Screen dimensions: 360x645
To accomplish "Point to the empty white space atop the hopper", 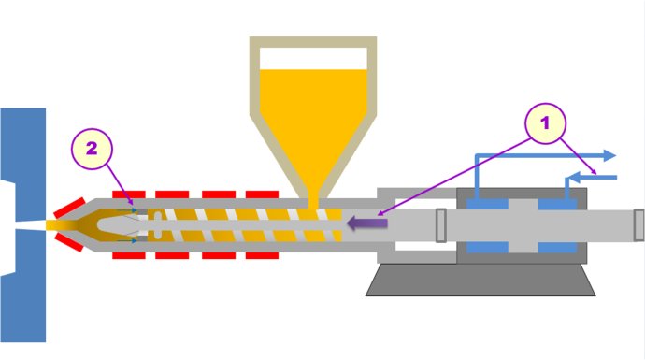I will [x=312, y=56].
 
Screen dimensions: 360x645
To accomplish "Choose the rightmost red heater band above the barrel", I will [x=262, y=194].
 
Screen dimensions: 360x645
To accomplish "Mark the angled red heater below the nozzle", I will [x=67, y=244].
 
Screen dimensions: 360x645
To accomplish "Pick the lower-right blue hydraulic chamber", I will [x=558, y=248].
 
